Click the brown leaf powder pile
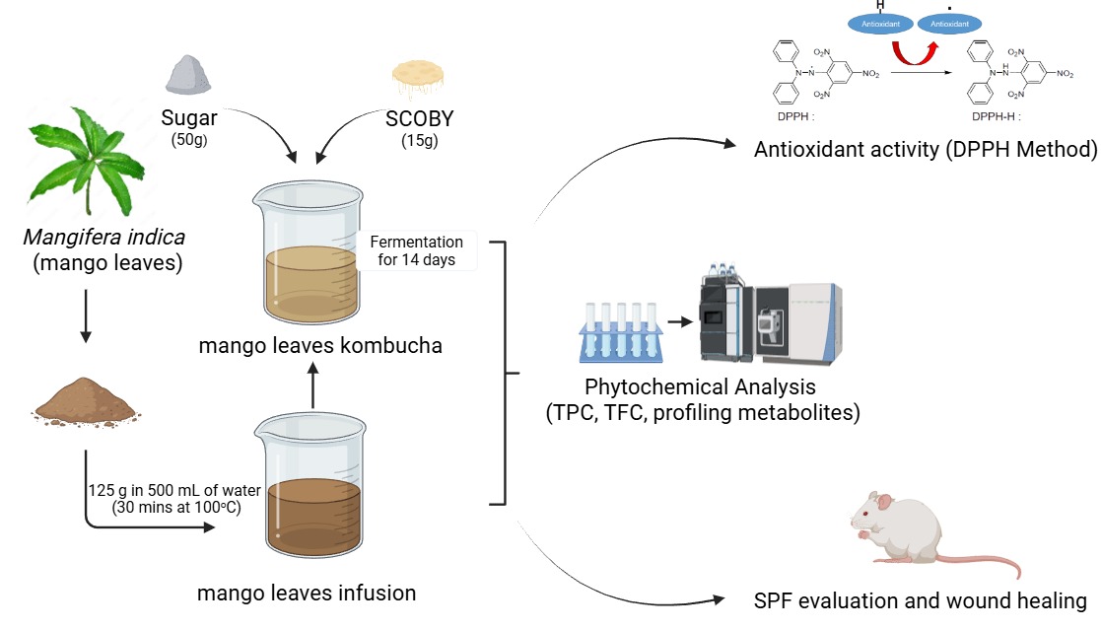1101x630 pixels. tap(87, 400)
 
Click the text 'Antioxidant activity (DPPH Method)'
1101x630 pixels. tap(925, 150)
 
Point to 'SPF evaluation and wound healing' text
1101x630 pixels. tap(920, 600)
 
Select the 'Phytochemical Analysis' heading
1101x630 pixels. tap(701, 385)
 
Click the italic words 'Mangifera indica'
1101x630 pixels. tap(104, 238)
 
